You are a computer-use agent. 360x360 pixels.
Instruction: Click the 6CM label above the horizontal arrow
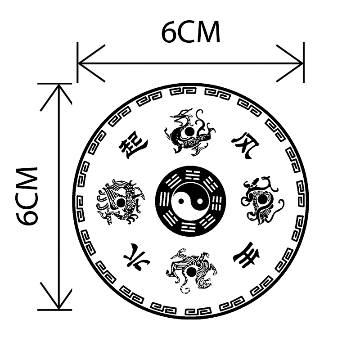coord(191,32)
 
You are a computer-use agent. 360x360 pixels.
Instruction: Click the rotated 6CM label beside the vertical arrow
coord(27,196)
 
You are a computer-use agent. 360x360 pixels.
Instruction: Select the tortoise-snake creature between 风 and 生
coord(261,200)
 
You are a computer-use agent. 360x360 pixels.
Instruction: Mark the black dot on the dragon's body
coord(189,131)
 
